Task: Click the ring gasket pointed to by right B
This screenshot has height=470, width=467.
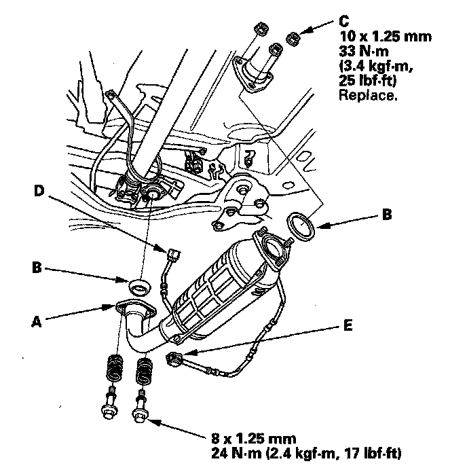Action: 299,227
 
